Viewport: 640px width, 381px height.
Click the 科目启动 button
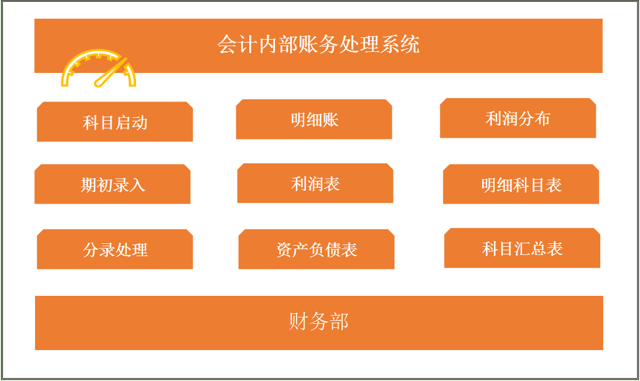115,122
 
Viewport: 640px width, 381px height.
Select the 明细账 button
314,120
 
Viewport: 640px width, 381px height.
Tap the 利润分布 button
518,118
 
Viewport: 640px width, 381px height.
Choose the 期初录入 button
113,184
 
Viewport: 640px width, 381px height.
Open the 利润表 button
315,184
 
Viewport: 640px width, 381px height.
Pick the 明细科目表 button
521,184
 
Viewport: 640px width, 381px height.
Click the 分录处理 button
115,250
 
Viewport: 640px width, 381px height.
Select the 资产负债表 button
316,250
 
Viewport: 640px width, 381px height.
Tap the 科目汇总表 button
522,249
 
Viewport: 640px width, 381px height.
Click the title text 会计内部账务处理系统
318,44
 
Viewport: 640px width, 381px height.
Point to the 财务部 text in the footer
319,321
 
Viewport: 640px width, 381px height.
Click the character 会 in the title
227,44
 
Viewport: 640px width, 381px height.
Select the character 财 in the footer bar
299,321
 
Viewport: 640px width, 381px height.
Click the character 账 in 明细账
331,120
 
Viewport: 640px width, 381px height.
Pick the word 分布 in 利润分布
534,118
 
